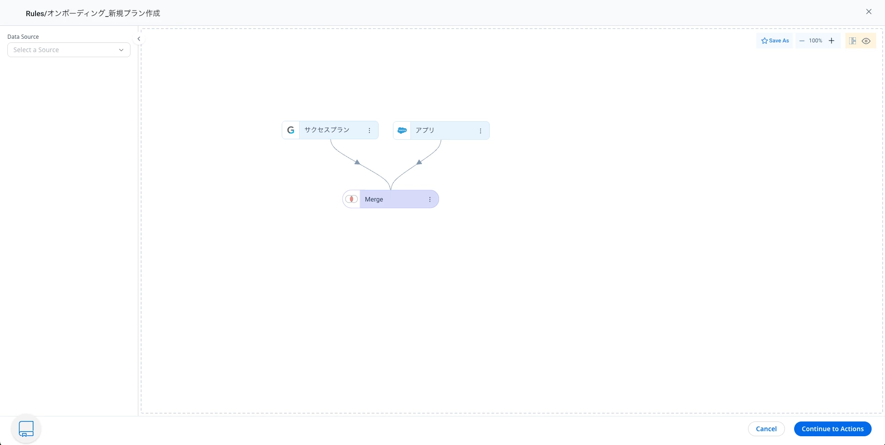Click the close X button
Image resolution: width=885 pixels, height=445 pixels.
coord(869,12)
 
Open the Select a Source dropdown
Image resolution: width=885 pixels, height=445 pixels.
coord(69,50)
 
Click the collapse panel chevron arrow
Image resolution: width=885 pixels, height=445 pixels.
coord(139,39)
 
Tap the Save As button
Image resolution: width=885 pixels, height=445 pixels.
coord(775,41)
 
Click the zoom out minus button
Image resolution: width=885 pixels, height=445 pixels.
coord(802,41)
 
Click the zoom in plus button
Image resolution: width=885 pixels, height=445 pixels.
coord(832,41)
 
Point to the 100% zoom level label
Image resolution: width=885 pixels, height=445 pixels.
coord(815,41)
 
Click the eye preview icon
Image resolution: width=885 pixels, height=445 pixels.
coord(866,41)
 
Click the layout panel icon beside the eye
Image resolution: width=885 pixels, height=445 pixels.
coord(853,41)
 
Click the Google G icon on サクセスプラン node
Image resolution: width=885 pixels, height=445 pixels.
coord(291,130)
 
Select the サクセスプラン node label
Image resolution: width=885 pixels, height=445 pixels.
coord(327,130)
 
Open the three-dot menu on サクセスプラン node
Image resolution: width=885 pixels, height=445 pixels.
coord(369,131)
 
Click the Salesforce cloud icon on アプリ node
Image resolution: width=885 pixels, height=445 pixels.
coord(402,131)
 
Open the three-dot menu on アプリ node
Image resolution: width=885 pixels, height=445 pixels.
coord(481,131)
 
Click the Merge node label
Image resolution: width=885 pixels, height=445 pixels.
coord(374,199)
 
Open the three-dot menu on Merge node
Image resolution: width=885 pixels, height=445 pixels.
coord(430,199)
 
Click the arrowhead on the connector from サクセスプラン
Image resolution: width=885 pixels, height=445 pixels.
coord(357,162)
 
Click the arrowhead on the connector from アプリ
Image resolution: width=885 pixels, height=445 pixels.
coord(419,162)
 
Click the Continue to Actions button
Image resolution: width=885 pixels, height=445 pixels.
coord(832,429)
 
